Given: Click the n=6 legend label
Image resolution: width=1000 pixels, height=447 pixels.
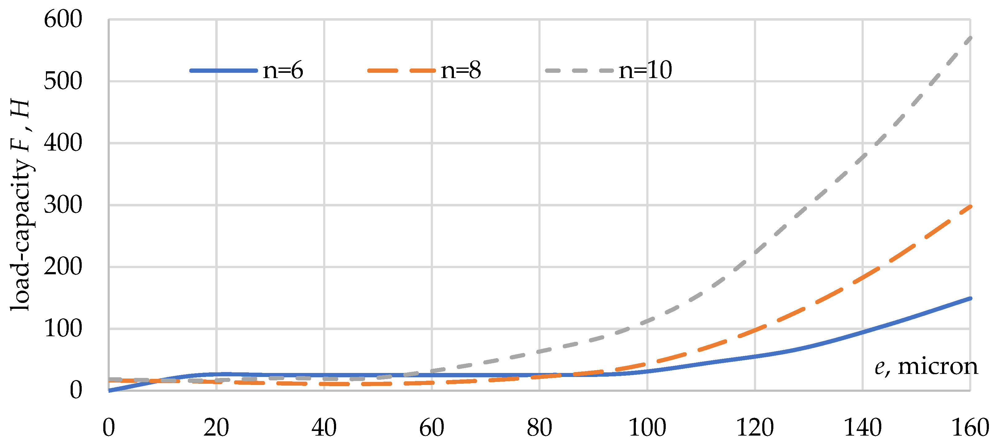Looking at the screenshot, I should [x=282, y=70].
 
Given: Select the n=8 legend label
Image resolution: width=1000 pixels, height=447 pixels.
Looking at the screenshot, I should [x=460, y=70].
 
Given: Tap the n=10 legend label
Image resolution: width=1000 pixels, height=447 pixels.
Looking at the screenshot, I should [x=645, y=70].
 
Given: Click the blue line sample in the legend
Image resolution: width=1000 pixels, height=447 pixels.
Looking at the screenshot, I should [x=224, y=71].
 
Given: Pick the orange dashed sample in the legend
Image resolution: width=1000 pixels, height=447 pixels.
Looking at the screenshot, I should [x=401, y=71].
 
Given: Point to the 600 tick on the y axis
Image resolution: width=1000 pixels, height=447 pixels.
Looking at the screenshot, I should [x=63, y=19].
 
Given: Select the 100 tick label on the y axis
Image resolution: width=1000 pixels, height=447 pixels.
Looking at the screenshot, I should [x=63, y=329].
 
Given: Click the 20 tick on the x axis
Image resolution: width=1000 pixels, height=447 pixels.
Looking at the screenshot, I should [x=216, y=428].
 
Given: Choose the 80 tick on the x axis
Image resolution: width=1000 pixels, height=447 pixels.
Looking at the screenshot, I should [x=539, y=428].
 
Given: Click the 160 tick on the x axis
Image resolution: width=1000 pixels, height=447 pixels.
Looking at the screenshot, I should [x=970, y=428].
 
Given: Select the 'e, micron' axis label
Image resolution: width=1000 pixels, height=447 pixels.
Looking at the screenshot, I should [x=926, y=366].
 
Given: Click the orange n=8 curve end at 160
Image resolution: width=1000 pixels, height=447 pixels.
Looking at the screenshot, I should [x=969, y=207].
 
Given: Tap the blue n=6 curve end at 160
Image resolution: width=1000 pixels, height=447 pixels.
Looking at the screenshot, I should [x=969, y=299].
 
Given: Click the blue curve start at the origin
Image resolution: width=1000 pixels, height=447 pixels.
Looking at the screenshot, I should [x=110, y=390].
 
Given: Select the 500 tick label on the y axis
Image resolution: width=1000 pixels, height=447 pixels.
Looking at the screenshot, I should [x=63, y=81].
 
